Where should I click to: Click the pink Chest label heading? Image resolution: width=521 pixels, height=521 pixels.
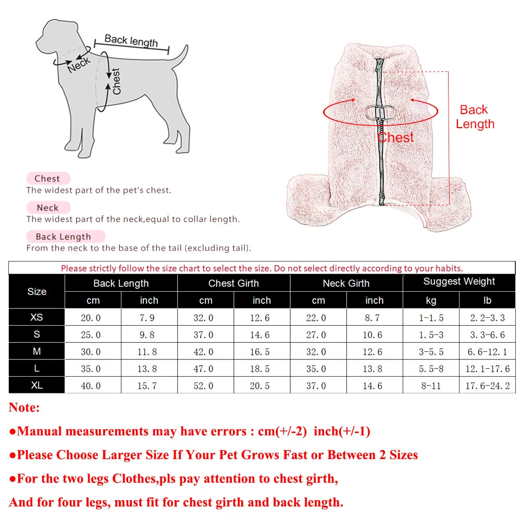(47, 179)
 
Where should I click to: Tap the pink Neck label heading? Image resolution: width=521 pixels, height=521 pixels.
(47, 208)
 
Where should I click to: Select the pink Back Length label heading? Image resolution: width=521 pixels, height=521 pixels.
(64, 237)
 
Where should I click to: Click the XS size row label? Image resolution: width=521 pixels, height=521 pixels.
(36, 317)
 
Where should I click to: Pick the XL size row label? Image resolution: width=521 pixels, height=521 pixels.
(36, 386)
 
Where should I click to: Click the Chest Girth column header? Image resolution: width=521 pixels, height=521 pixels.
(233, 283)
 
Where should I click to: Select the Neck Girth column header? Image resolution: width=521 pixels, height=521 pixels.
(346, 283)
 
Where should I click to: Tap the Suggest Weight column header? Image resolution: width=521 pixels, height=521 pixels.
(459, 282)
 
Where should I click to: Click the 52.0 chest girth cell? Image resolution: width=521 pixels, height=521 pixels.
(205, 386)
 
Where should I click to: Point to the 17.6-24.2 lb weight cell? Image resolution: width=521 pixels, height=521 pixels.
(488, 386)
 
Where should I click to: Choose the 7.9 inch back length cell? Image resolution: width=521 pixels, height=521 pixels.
(149, 318)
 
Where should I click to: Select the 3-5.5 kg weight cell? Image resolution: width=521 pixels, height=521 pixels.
(431, 352)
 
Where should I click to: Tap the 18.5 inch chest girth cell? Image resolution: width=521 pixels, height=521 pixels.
(262, 369)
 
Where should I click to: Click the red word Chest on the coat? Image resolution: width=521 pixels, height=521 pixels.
(396, 138)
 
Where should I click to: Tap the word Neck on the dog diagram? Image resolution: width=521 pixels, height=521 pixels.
(79, 64)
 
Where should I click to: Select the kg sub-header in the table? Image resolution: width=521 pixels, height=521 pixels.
(431, 301)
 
